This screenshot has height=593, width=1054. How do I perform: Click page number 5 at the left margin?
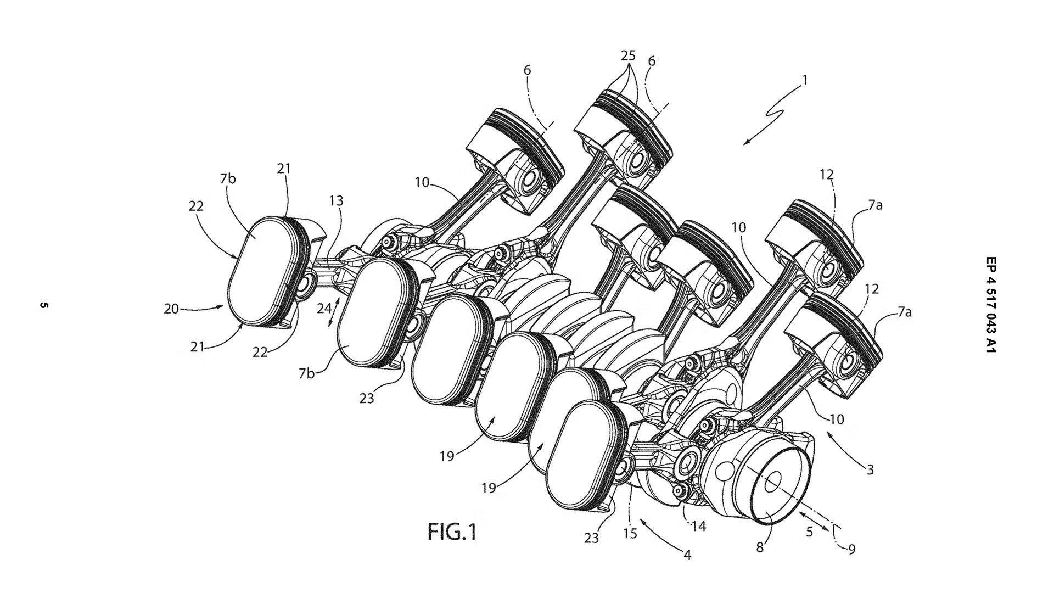pyautogui.click(x=44, y=305)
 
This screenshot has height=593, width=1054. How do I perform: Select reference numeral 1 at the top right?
pyautogui.click(x=805, y=80)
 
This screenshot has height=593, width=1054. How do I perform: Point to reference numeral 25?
pyautogui.click(x=629, y=55)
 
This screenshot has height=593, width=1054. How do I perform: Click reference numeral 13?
pyautogui.click(x=337, y=201)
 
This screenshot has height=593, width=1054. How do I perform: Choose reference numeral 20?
pyautogui.click(x=171, y=309)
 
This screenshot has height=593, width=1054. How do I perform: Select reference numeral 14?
pyautogui.click(x=698, y=526)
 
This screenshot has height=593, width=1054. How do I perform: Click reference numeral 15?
pyautogui.click(x=630, y=533)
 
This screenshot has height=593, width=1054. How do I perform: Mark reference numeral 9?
pyautogui.click(x=851, y=549)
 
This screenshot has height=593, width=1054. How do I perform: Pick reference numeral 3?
pyautogui.click(x=870, y=469)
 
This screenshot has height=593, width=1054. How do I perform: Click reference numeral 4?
pyautogui.click(x=687, y=555)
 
